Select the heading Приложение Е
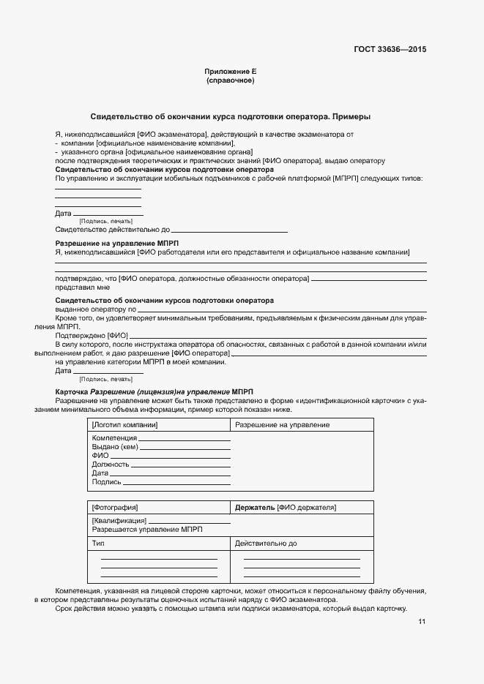point(230,72)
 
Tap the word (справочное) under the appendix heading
point(230,80)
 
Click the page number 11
point(422,622)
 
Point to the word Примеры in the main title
point(349,116)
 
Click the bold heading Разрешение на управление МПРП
point(117,243)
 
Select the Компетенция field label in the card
point(114,438)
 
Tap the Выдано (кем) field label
point(114,447)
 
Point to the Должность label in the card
point(111,465)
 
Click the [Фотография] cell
point(115,507)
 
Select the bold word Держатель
point(255,507)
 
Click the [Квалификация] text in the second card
point(119,520)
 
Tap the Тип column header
point(98,544)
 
